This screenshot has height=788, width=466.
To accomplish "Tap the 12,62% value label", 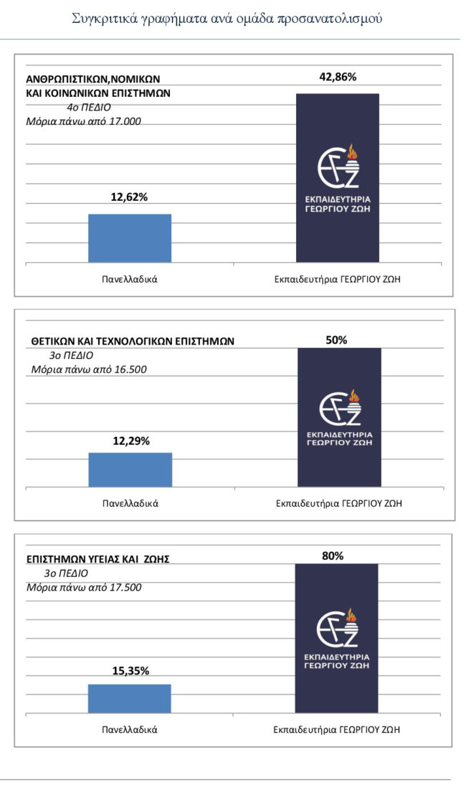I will coord(129,197).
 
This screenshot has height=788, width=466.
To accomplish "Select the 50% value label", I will coord(336,340).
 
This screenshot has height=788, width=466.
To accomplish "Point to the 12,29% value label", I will coord(131,441).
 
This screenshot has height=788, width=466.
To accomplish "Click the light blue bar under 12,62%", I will coord(130,238).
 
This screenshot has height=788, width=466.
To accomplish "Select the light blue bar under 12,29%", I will coord(130,470).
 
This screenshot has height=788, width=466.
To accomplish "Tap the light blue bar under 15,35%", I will coord(130,699).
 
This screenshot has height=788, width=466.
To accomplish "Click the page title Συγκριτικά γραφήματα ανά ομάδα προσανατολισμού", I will coord(227,19).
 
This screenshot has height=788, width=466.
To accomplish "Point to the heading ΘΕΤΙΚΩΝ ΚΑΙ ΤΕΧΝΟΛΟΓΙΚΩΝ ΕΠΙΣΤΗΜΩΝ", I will coord(133,341).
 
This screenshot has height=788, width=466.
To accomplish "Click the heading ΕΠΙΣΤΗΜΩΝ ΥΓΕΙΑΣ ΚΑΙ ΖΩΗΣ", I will coord(98,559).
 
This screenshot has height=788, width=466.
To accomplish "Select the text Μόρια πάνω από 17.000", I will coord(83,121).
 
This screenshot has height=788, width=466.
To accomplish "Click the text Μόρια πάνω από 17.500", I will coord(84,587).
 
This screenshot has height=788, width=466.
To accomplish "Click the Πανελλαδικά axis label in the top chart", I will coord(130,278).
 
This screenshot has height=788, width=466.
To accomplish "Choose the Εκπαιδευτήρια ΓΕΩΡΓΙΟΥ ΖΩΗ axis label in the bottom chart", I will coord(336,730).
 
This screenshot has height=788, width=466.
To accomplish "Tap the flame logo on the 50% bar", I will coord(339,411).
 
